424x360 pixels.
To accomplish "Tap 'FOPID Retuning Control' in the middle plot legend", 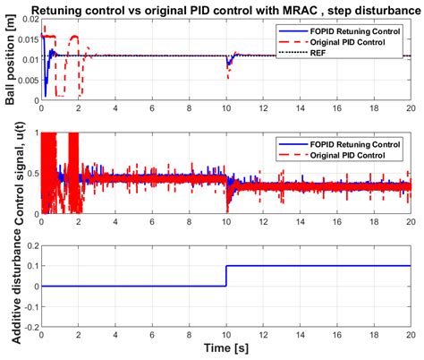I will coord(349,142).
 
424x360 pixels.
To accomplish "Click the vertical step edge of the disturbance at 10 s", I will coord(226,277).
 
